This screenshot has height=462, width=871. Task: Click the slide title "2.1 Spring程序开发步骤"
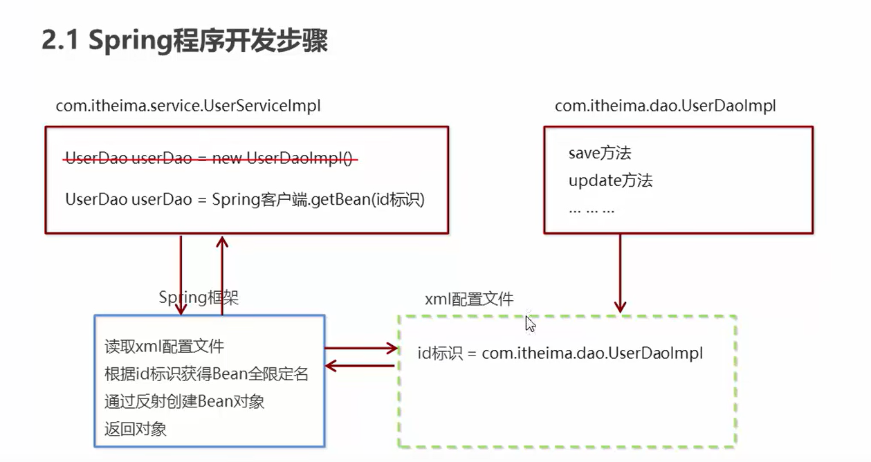185,41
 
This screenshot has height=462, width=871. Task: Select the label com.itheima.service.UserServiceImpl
188,106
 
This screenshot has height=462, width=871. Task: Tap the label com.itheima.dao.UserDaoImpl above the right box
665,106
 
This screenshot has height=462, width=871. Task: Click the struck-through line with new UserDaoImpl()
211,158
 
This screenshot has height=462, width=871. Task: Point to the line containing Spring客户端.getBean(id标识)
244,200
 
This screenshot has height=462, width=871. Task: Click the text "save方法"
599,153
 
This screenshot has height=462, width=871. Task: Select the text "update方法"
610,181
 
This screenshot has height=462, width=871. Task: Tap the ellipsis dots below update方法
591,208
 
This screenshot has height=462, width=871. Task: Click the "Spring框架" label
199,297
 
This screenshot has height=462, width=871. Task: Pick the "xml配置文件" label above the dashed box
469,299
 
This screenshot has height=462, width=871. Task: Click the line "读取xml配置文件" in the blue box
164,346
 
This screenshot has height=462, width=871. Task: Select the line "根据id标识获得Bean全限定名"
206,374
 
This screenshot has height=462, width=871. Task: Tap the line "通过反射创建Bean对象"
184,401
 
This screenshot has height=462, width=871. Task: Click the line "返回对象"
136,429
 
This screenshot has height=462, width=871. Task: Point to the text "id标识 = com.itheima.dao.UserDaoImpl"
560,353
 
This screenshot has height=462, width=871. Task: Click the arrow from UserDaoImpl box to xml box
620,273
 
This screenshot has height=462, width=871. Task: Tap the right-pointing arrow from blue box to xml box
360,349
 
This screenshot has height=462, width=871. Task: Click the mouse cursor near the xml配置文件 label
530,324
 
